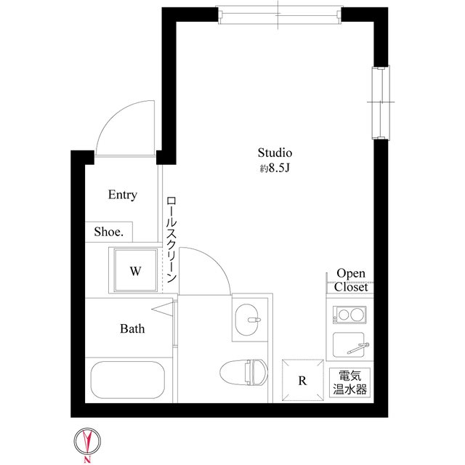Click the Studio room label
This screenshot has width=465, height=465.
pos(275,153)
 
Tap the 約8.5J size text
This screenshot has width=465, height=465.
pos(275,169)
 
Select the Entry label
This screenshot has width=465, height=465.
pos(122,195)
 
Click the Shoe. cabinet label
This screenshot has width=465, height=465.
pos(108,232)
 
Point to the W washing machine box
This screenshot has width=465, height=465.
pos(134,271)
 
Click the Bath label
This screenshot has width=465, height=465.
pos(132,328)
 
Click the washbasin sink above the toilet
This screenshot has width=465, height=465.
pos(251,318)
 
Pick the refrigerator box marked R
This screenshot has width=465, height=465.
pos(302,379)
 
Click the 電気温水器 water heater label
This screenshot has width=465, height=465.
pos(349,382)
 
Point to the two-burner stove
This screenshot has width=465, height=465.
pos(349,315)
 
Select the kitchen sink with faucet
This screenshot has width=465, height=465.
pos(349,344)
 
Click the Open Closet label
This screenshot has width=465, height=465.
pos(351,280)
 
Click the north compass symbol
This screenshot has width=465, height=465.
pos(86,442)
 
